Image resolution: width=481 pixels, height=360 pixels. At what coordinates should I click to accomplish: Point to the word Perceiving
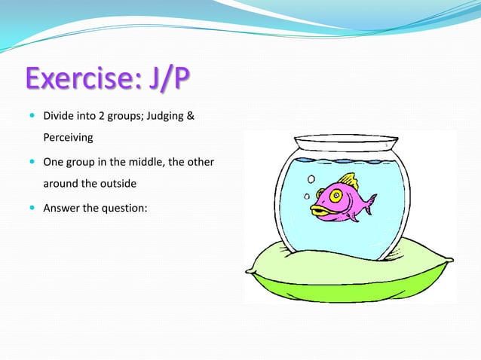[68, 139]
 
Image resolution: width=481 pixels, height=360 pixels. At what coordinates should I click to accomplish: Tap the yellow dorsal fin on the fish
[348, 181]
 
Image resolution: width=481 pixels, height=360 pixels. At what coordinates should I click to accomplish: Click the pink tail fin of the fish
[369, 203]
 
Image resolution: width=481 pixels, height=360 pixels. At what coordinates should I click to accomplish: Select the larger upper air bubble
[310, 179]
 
